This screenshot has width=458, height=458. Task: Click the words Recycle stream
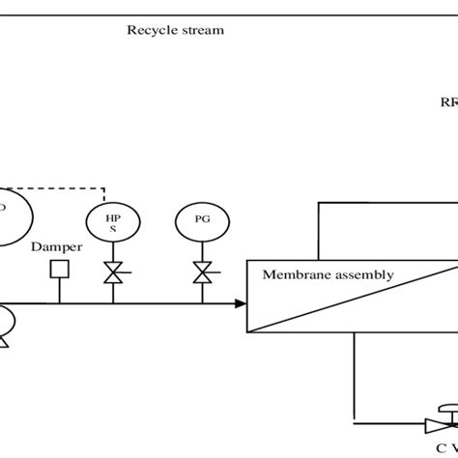click(x=175, y=30)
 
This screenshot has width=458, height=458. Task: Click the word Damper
click(x=56, y=247)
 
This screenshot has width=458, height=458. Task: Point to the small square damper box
click(x=59, y=270)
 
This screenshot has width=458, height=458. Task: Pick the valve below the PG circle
click(x=201, y=274)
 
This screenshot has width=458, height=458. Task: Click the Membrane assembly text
click(x=329, y=274)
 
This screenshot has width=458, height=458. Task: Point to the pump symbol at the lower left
click(x=5, y=325)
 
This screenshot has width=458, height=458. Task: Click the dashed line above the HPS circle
click(x=68, y=187)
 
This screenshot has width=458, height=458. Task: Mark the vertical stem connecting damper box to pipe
click(x=59, y=290)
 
